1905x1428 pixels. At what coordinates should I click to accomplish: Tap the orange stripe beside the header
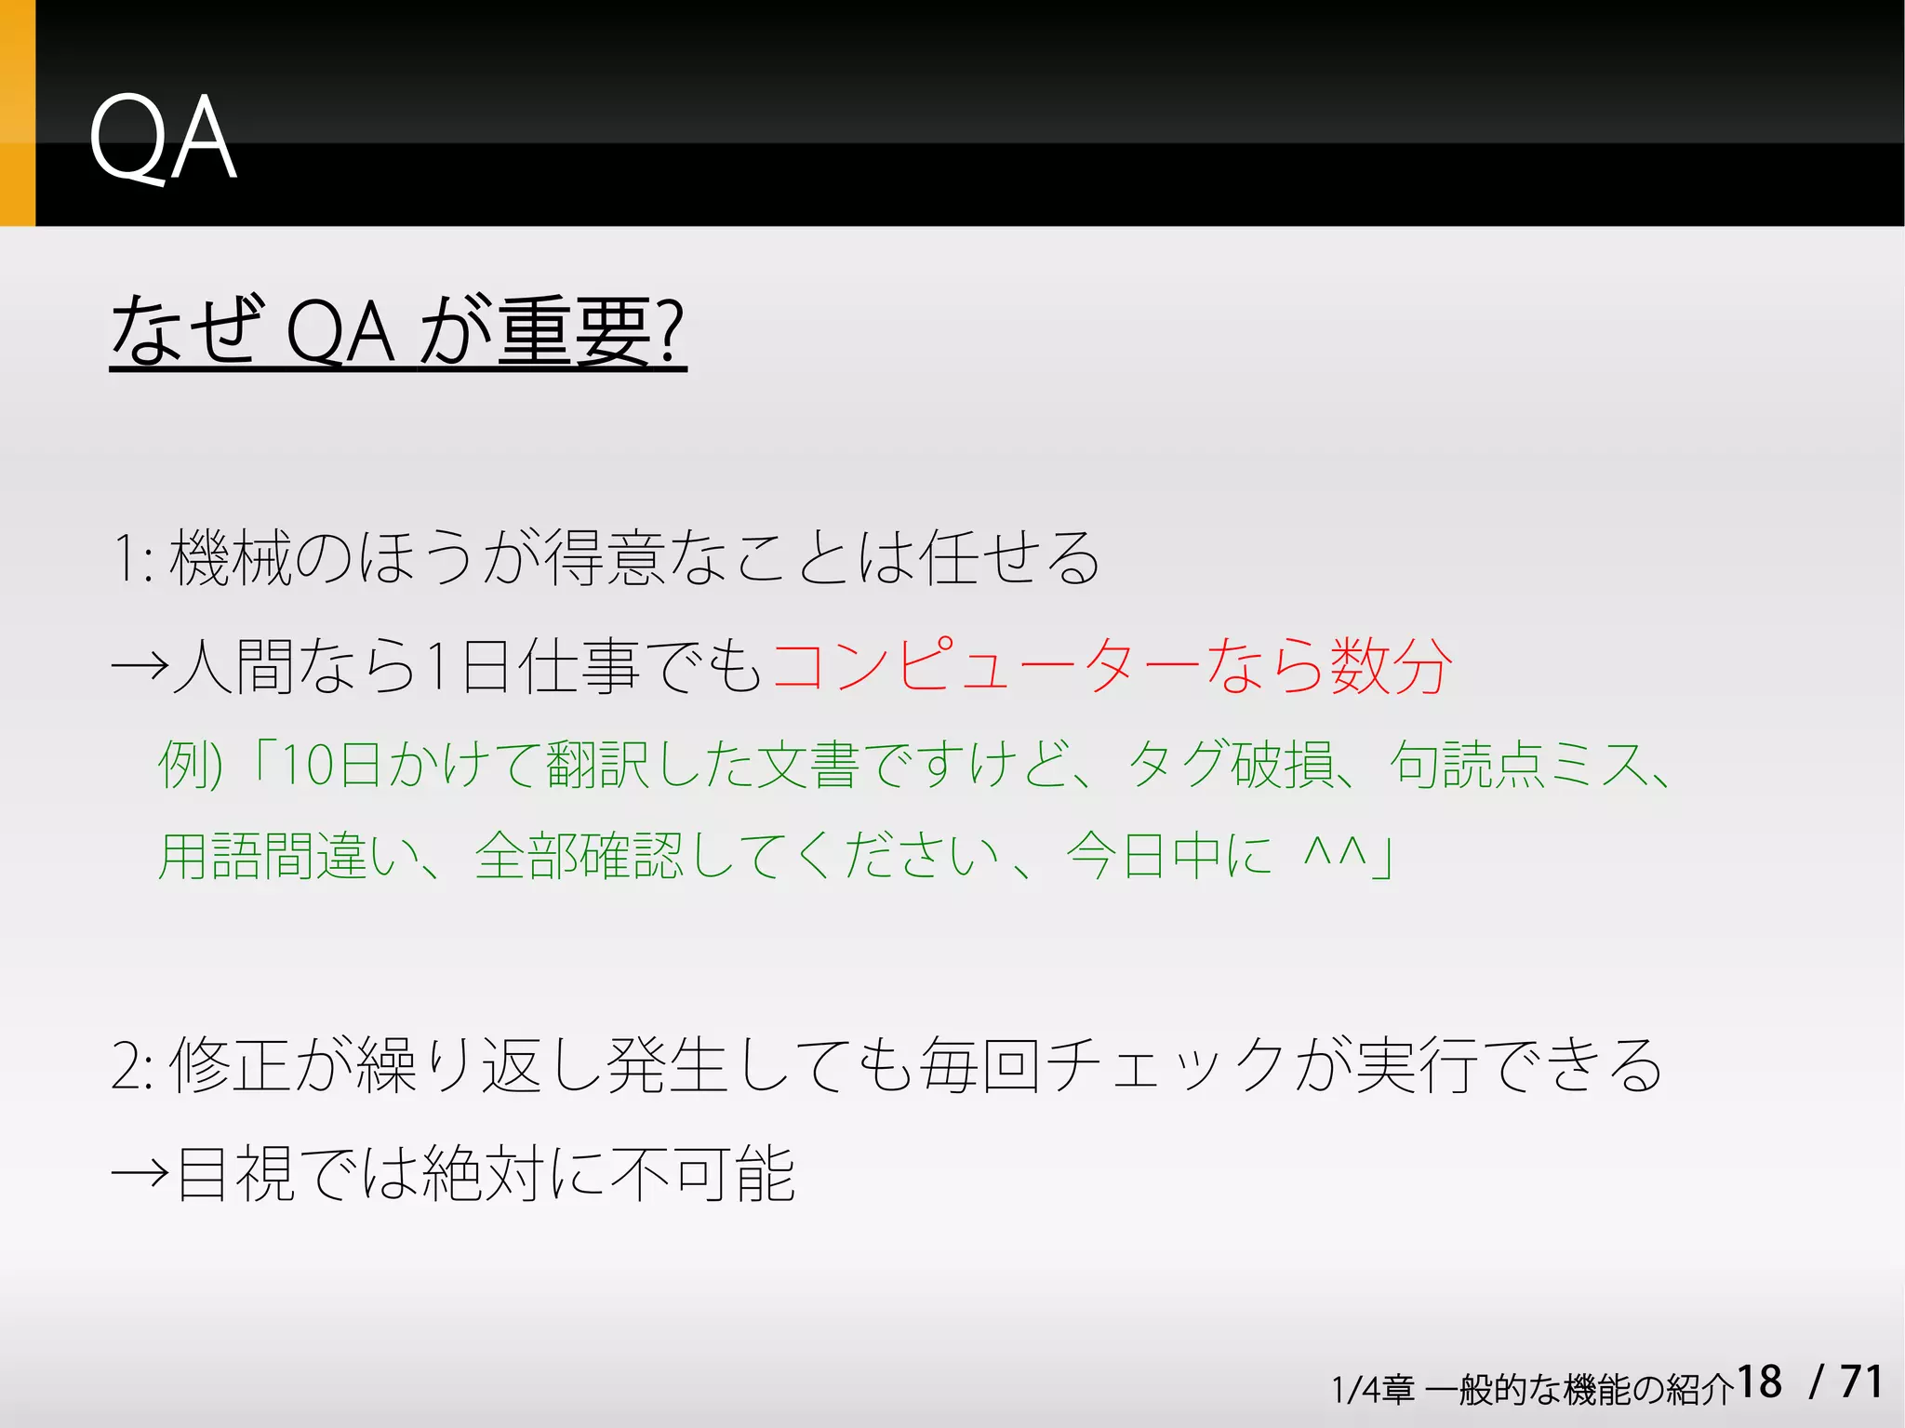click(x=17, y=113)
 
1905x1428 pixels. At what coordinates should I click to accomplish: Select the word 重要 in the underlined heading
click(x=575, y=331)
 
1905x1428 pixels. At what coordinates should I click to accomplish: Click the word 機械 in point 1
click(x=230, y=558)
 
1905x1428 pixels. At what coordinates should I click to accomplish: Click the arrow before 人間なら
click(x=140, y=666)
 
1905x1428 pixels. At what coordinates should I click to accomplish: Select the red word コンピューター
click(x=986, y=666)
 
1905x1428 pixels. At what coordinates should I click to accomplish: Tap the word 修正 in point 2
click(x=230, y=1066)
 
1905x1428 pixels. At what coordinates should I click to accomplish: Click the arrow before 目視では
click(x=140, y=1174)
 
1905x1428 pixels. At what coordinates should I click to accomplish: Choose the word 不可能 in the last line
click(x=702, y=1174)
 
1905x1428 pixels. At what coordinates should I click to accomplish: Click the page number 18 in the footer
click(x=1758, y=1382)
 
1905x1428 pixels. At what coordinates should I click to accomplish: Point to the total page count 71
click(x=1861, y=1382)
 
